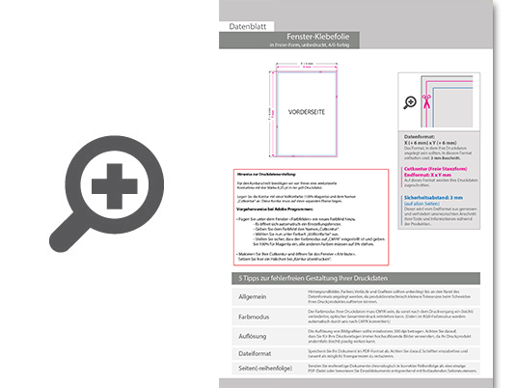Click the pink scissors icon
(x=411, y=100)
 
